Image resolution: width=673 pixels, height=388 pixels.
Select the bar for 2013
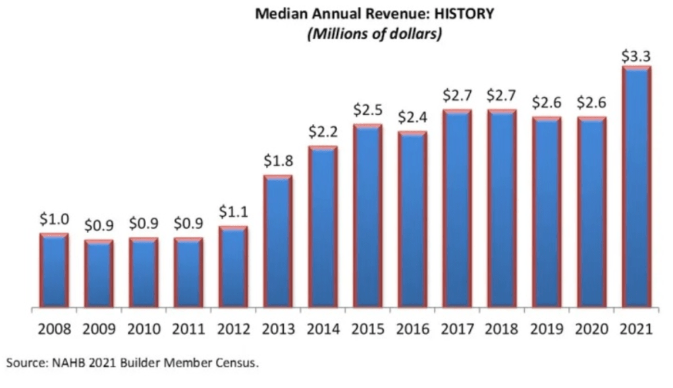278,241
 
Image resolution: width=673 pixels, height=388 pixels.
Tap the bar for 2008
54,270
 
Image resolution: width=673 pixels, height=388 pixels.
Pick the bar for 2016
412,219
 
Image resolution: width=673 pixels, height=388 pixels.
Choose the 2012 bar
233,267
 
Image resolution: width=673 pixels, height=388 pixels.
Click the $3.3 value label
636,56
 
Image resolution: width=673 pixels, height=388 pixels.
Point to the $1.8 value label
278,160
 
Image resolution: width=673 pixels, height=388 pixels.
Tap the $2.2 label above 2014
323,132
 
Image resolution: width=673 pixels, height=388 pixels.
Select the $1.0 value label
54,219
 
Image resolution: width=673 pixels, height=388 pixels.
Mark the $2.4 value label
412,117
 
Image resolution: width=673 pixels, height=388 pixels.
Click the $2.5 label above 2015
367,109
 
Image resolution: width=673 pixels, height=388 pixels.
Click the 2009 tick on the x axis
99,329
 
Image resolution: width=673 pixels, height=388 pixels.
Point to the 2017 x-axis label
457,329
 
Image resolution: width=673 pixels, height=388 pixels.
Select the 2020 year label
591,329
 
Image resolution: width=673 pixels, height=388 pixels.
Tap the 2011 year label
188,329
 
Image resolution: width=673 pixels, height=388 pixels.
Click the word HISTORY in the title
460,14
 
